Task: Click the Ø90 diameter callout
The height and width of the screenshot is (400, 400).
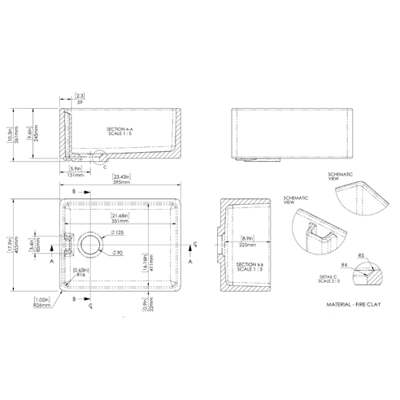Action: tap(117, 252)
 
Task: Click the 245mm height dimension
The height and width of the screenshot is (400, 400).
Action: tap(35, 137)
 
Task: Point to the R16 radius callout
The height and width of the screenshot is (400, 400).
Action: tap(79, 276)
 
